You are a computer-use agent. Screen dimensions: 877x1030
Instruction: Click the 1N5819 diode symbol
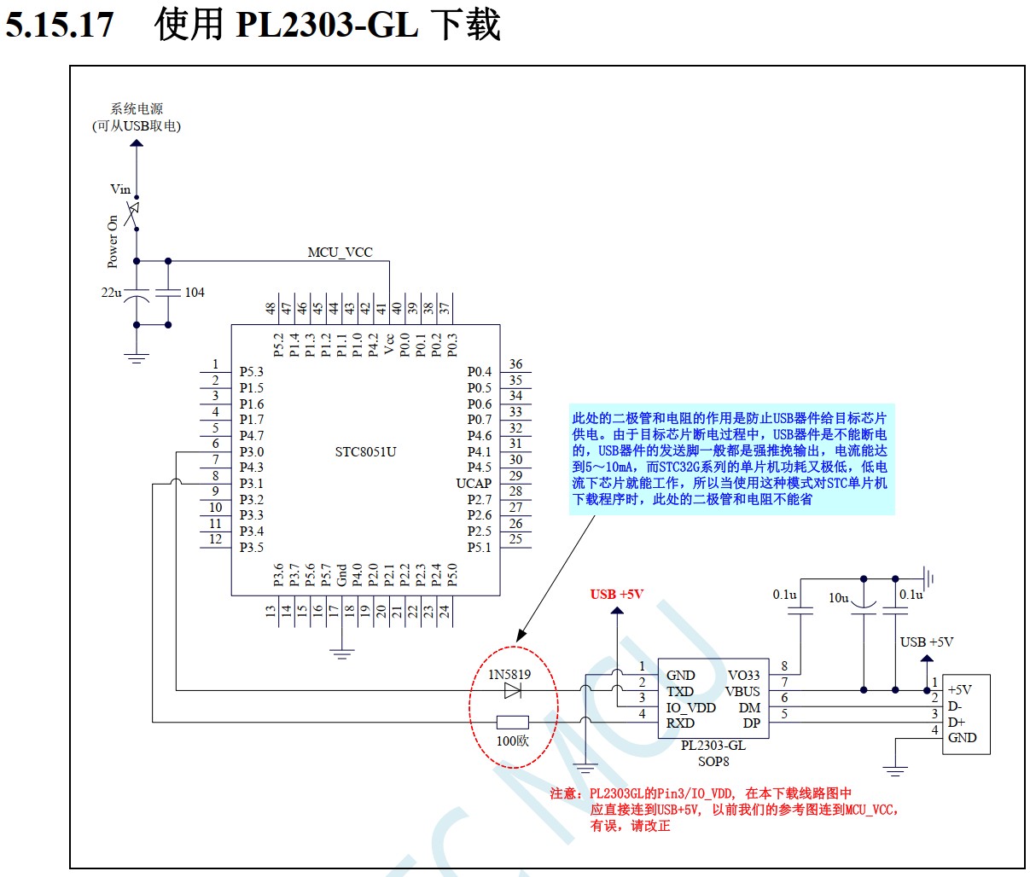tap(513, 690)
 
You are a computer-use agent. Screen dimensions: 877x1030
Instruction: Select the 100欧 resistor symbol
tap(512, 722)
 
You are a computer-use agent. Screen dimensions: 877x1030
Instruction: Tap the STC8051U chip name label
tap(365, 452)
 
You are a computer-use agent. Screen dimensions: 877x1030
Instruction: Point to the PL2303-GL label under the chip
tap(713, 745)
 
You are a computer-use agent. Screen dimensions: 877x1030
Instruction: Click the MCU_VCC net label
tap(340, 253)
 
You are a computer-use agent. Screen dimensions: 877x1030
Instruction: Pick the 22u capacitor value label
tap(111, 293)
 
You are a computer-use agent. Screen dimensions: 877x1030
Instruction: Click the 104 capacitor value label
tap(195, 293)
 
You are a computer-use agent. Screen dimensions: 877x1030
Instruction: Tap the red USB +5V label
tap(616, 594)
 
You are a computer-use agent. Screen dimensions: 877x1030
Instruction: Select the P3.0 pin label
tap(252, 452)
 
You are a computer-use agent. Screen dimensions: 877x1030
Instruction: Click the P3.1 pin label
tap(252, 484)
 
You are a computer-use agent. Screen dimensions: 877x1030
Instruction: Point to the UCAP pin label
tap(474, 484)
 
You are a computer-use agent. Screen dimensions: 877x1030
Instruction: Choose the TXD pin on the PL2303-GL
tap(680, 692)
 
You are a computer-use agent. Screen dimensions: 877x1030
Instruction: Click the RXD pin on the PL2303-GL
tap(680, 723)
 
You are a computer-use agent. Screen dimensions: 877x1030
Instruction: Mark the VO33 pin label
tap(743, 676)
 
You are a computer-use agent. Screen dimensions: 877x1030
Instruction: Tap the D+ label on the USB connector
tap(956, 723)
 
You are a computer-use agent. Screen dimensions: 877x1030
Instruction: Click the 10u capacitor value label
tap(838, 598)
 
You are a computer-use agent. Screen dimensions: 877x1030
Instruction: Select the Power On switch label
tap(113, 241)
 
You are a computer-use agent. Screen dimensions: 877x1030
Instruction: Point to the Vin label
tap(120, 189)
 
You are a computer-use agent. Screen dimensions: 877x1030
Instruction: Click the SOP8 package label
tap(713, 761)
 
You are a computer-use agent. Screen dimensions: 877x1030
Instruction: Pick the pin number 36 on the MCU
tap(515, 364)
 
